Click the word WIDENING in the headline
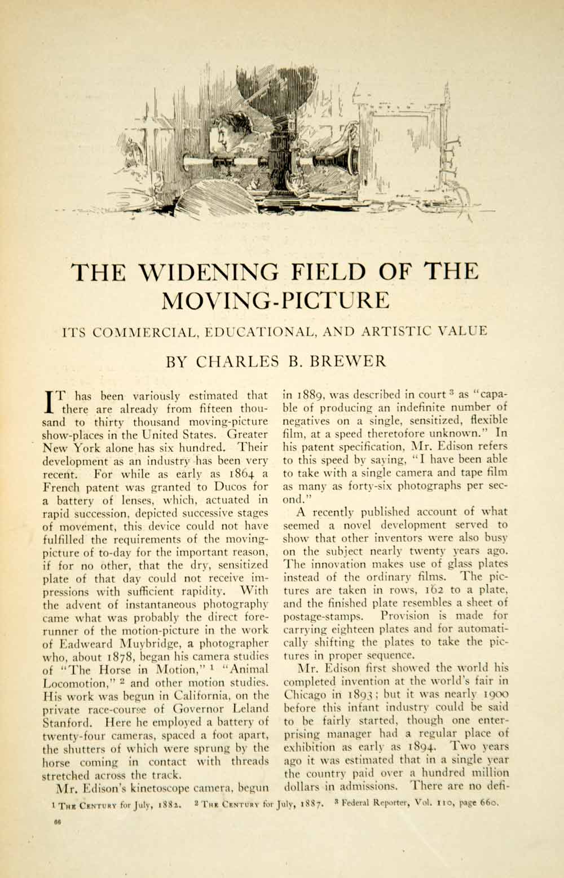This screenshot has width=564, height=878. (208, 272)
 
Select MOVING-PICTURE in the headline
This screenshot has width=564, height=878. (275, 301)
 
